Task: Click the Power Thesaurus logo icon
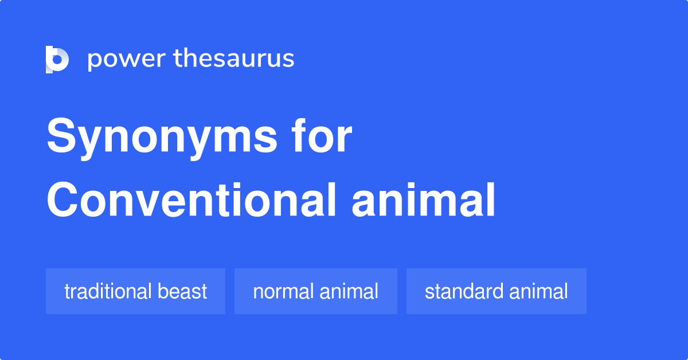[x=57, y=60]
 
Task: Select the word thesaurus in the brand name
[x=234, y=59]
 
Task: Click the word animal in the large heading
[x=423, y=201]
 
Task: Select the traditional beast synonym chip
[x=135, y=291]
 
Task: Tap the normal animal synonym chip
[x=315, y=291]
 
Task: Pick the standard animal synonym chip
[x=496, y=291]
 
